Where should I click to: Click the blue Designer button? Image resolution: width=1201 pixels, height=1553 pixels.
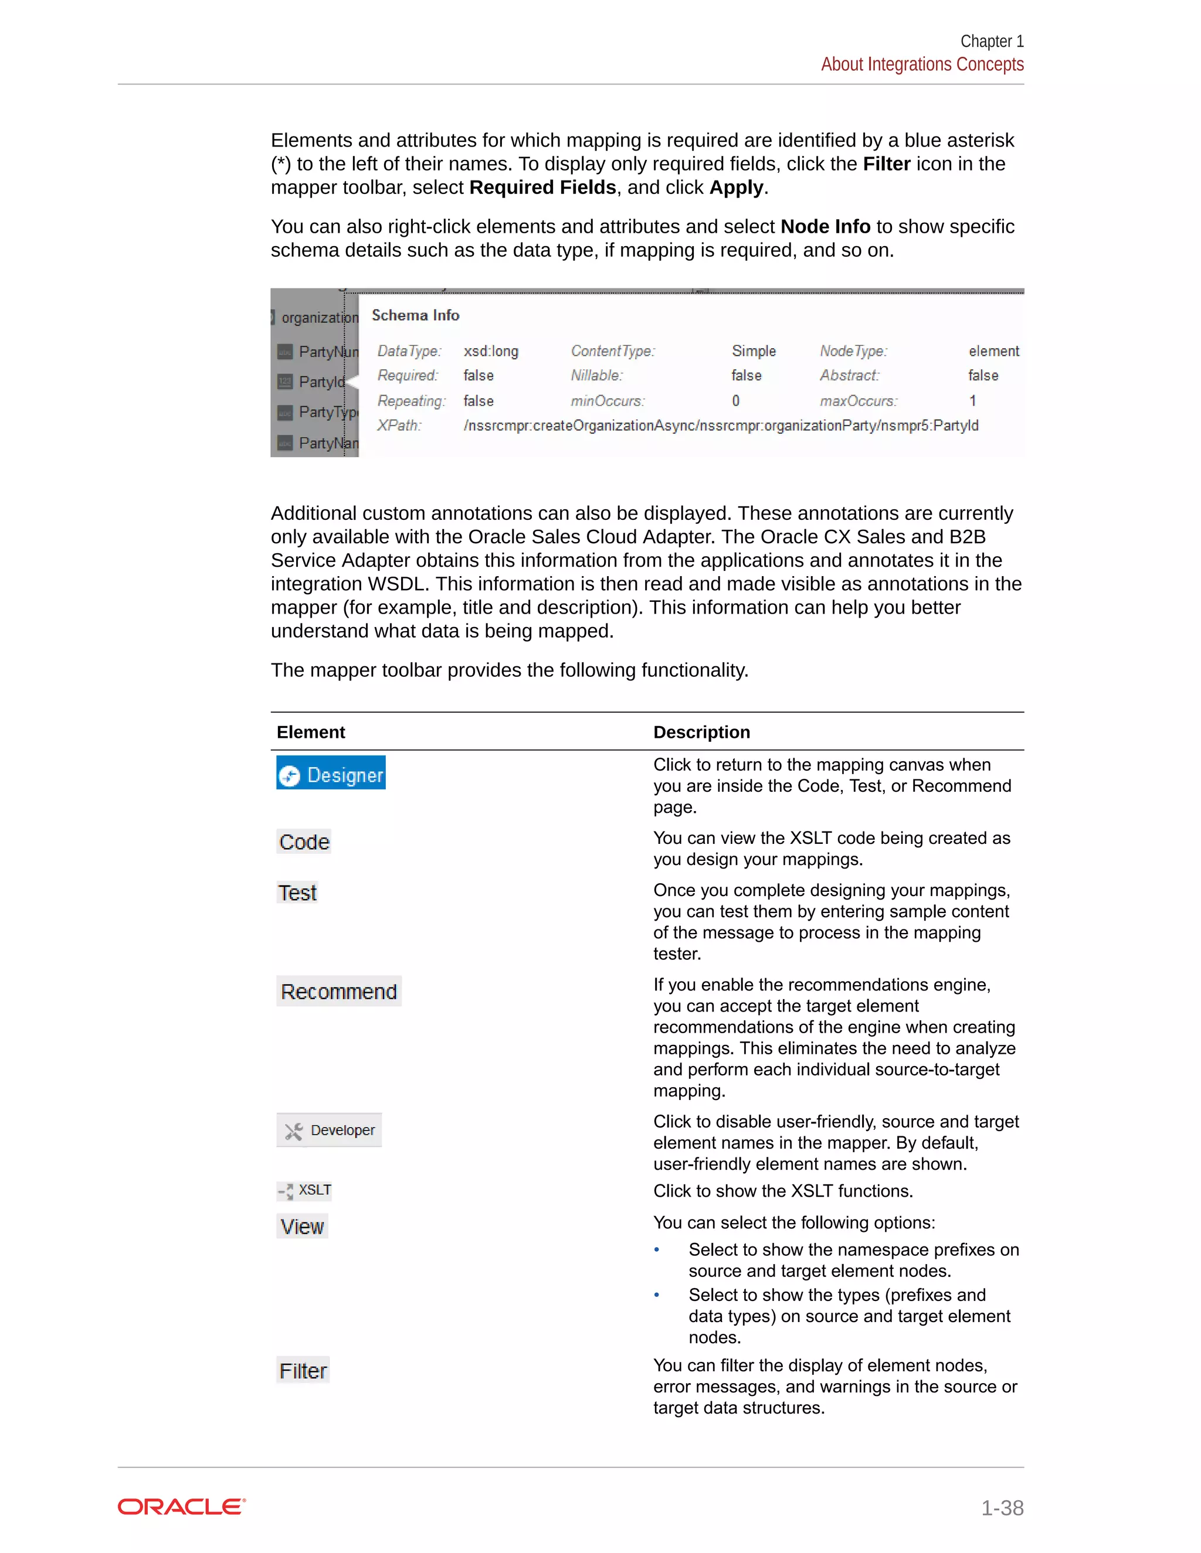tap(331, 774)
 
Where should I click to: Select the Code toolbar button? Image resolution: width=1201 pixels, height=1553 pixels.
tap(304, 842)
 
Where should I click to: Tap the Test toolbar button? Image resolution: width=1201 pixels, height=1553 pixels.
tap(297, 893)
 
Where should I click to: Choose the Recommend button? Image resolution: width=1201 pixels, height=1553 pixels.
tap(339, 991)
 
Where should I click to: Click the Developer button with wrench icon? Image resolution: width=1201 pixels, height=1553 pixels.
tap(330, 1130)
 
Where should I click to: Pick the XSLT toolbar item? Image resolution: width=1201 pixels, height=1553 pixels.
tap(304, 1190)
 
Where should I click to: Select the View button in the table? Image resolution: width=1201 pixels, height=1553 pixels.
tap(303, 1227)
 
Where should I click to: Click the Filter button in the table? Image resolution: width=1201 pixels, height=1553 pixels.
tap(303, 1370)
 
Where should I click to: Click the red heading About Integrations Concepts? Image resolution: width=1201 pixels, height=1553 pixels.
tap(922, 64)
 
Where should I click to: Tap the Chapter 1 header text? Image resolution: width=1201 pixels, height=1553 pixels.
tap(992, 41)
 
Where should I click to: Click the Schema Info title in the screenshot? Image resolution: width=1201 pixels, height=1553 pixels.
tap(416, 315)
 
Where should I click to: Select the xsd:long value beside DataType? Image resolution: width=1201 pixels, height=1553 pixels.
tap(491, 351)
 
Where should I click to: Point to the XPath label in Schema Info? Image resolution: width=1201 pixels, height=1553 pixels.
tap(399, 425)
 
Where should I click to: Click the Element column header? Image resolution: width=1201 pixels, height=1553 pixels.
tap(311, 732)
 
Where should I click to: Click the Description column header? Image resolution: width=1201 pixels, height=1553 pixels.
tap(701, 732)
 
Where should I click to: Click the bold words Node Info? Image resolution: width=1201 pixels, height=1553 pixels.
tap(825, 226)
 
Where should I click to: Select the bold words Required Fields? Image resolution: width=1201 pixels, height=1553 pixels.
tap(543, 187)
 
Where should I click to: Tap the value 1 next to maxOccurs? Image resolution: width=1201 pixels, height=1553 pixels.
tap(973, 400)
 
